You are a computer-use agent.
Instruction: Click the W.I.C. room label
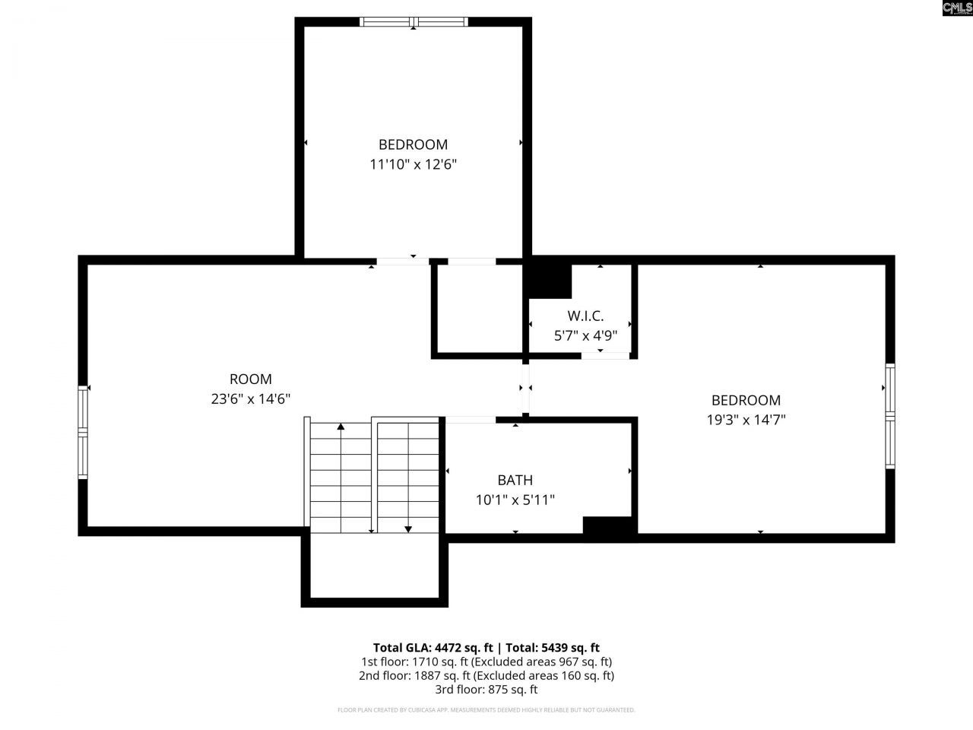(x=585, y=316)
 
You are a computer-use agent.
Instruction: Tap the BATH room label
(x=515, y=480)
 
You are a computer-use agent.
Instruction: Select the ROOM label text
(x=250, y=379)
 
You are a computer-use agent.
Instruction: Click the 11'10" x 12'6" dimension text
(x=413, y=163)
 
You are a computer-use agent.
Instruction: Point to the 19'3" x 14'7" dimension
(x=746, y=419)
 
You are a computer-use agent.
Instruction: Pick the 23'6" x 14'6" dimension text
(x=250, y=398)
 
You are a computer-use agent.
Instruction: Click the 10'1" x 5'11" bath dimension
(x=515, y=500)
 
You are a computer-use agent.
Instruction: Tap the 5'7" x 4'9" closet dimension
(x=585, y=335)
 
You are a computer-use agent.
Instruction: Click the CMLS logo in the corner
(x=956, y=8)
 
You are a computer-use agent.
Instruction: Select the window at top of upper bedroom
(x=414, y=21)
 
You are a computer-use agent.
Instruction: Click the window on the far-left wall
(x=83, y=432)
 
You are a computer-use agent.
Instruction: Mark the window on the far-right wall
(x=890, y=414)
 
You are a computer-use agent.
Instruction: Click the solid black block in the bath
(x=609, y=526)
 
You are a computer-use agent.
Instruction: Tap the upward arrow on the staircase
(x=341, y=427)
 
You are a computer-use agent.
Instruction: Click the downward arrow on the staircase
(x=408, y=527)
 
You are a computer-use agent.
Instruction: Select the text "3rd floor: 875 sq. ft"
(x=486, y=690)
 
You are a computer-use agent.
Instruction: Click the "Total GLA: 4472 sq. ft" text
(x=433, y=648)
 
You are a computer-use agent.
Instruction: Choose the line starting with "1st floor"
(x=486, y=662)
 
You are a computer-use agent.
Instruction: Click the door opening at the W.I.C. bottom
(x=605, y=355)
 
